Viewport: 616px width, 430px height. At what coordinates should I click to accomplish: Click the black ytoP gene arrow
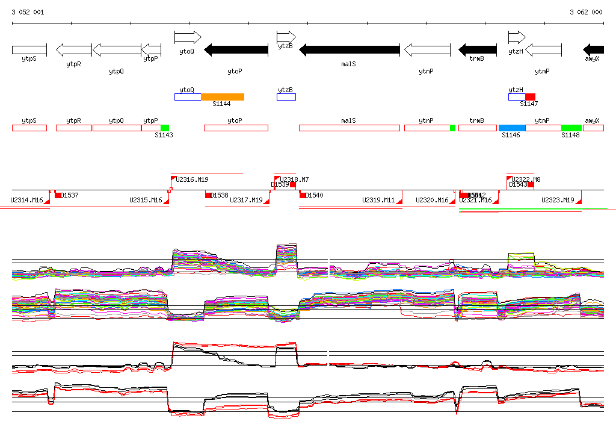(x=236, y=49)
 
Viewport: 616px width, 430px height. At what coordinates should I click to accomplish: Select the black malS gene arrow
(x=349, y=49)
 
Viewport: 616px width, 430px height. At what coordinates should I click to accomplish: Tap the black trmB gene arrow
(x=478, y=49)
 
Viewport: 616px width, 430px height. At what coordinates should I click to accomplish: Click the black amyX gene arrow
(x=594, y=49)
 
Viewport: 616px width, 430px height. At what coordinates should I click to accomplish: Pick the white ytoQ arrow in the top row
(x=187, y=37)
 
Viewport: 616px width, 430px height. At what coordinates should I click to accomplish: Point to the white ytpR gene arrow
(x=73, y=49)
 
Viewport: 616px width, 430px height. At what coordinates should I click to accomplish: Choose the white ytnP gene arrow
(x=427, y=49)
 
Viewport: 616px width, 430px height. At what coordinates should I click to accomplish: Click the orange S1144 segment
(x=223, y=97)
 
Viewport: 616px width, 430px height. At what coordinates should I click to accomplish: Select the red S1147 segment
(x=530, y=97)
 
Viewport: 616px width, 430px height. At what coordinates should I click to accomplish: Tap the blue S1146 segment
(x=512, y=128)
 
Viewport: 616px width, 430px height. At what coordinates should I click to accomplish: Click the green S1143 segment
(x=165, y=128)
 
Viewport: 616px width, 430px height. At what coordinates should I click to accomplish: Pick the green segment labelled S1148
(x=571, y=128)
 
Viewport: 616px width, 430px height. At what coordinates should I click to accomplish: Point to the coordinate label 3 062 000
(x=585, y=12)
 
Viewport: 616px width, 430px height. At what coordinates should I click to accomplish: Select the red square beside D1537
(x=58, y=195)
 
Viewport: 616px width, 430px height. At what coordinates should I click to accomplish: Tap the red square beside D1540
(x=303, y=195)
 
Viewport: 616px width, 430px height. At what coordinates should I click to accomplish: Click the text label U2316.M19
(x=192, y=179)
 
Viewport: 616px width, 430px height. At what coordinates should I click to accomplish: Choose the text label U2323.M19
(x=558, y=200)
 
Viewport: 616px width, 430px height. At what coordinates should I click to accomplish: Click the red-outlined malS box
(x=349, y=128)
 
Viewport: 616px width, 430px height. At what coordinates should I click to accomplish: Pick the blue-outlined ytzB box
(x=286, y=97)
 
